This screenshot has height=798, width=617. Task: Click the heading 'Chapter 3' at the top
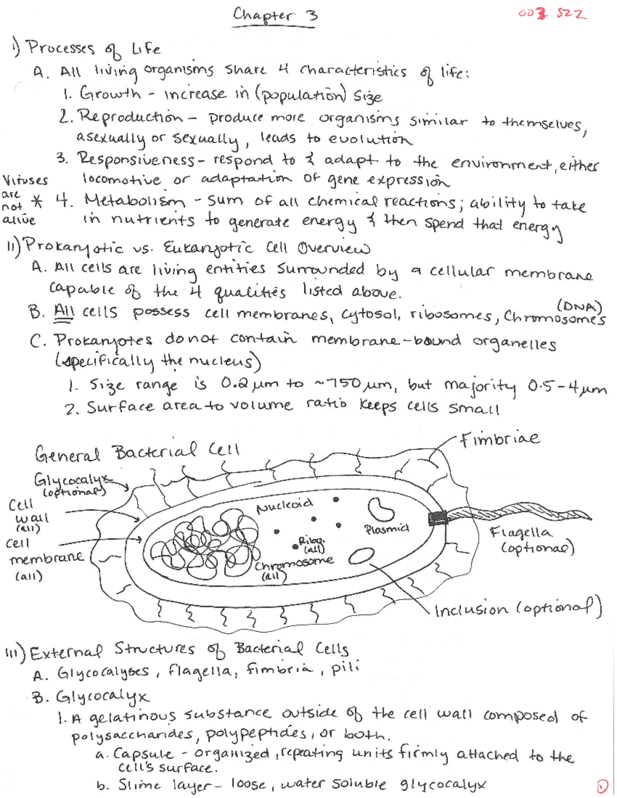(275, 15)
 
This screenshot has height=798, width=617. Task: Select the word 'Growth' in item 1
(110, 94)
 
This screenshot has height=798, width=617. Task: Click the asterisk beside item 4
(37, 201)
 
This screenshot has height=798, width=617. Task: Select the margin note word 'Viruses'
(25, 180)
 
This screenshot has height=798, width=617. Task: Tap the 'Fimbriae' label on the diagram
(499, 438)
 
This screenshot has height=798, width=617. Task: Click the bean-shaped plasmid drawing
(380, 509)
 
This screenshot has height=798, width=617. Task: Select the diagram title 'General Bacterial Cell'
(137, 452)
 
